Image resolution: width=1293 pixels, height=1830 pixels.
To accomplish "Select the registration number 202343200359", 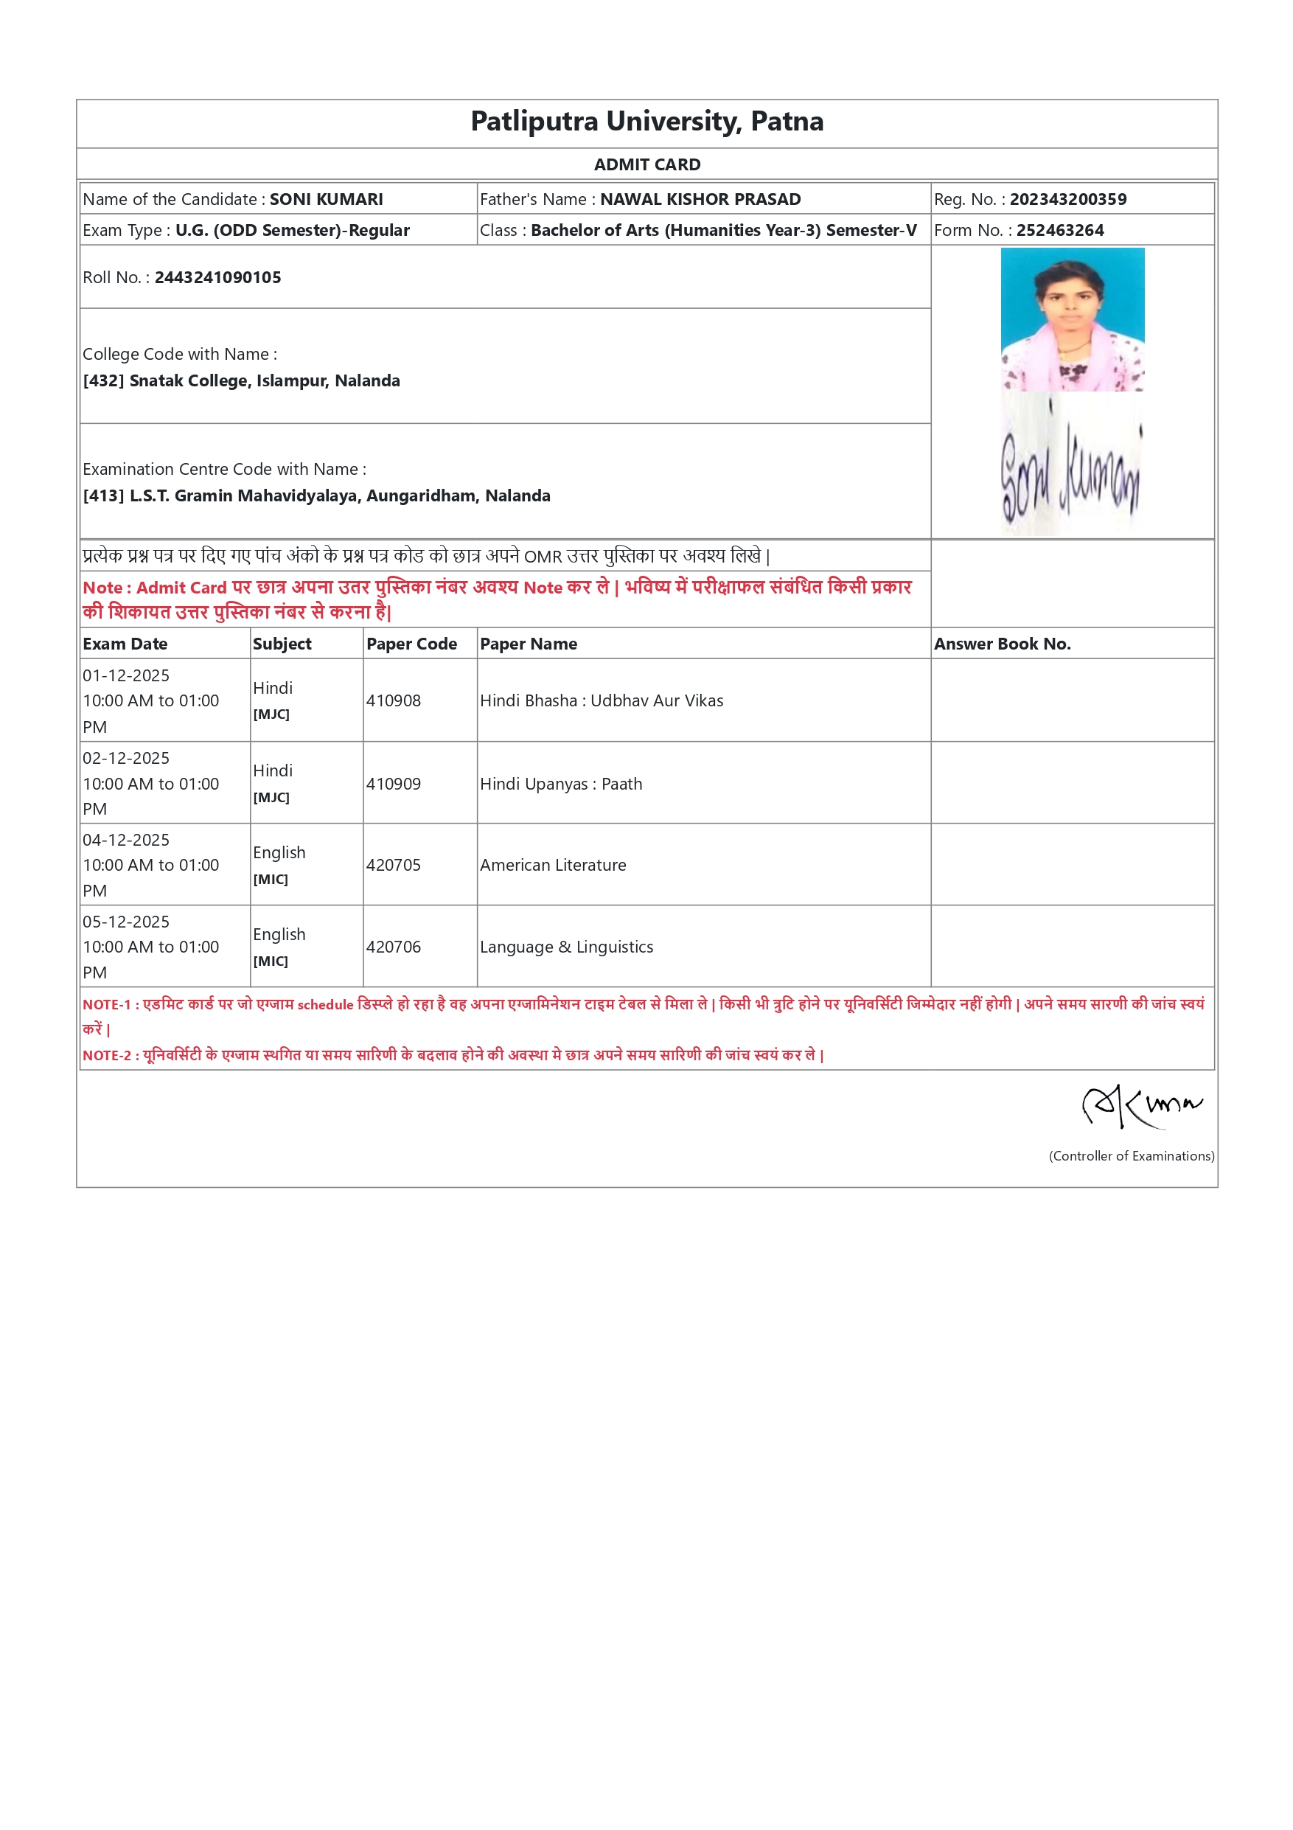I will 1067,199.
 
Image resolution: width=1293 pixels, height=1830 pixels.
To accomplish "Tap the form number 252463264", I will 1059,230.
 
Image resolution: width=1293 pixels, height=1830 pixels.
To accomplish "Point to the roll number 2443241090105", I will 217,277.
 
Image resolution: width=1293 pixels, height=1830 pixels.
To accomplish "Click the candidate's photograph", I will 1072,319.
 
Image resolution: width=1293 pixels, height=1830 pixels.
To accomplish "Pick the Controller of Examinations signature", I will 1141,1105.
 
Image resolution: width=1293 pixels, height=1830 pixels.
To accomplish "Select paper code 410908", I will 394,700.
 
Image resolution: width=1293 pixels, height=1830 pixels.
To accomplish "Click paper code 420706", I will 394,947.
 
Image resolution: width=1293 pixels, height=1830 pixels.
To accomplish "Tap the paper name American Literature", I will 553,865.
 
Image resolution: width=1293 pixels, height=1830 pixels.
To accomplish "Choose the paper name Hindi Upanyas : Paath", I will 561,784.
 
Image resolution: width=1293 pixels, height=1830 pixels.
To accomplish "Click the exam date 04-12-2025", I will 126,840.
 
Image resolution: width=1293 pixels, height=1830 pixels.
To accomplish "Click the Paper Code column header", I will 411,644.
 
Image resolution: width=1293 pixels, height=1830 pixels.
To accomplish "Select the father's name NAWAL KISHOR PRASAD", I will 700,199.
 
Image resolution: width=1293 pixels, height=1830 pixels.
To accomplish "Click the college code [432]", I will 102,381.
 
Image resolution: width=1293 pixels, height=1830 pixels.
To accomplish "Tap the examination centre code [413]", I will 102,495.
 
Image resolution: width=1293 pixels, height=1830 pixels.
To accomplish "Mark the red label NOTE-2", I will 107,1055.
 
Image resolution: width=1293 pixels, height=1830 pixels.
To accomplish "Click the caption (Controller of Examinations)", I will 1132,1155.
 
